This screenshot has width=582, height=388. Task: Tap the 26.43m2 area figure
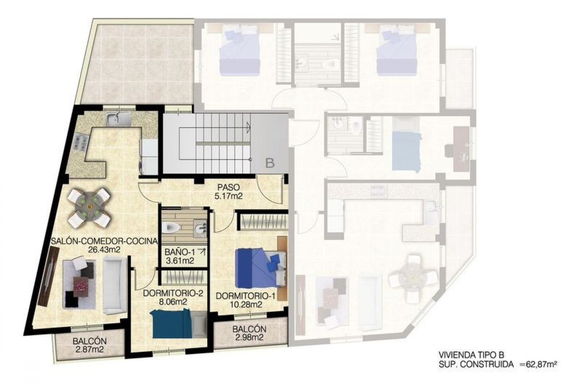click(x=105, y=250)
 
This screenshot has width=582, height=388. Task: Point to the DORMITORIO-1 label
click(x=246, y=296)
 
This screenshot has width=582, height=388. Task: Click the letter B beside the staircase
click(x=269, y=163)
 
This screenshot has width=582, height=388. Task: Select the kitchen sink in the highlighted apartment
click(x=118, y=119)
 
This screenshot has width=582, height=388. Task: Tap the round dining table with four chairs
click(x=89, y=206)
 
